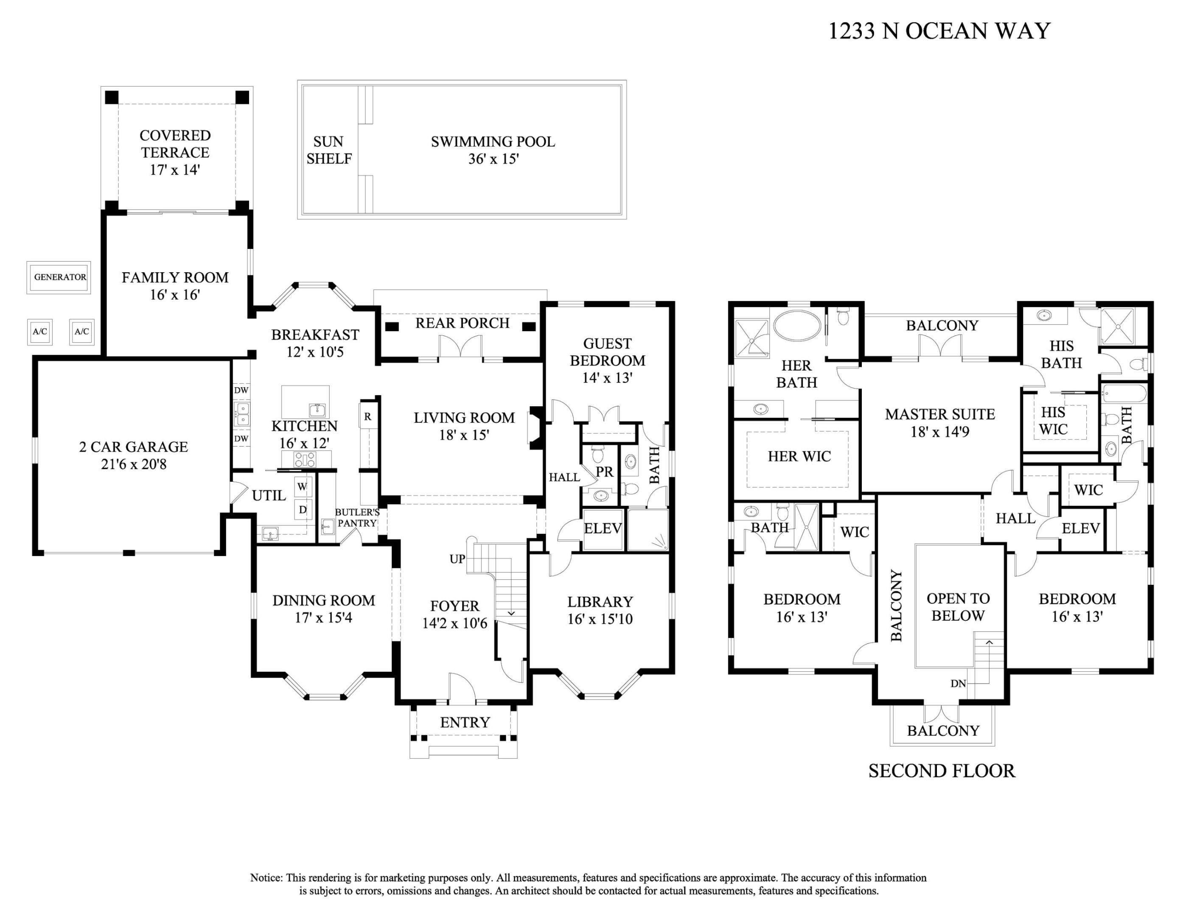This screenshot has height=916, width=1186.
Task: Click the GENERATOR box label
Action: point(60,277)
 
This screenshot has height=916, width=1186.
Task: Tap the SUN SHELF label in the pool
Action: point(328,150)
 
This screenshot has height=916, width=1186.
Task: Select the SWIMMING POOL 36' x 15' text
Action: point(493,150)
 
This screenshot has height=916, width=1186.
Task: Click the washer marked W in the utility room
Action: point(303,487)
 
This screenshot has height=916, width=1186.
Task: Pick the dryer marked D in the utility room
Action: point(303,510)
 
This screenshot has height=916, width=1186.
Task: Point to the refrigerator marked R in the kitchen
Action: point(367,417)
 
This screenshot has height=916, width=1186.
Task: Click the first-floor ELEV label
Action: point(602,528)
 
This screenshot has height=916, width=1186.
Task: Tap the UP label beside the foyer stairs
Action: point(457,559)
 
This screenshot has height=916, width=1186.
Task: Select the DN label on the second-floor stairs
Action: point(958,684)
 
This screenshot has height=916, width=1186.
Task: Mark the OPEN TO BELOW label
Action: point(958,607)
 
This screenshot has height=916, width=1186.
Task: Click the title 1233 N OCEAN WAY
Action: point(939,31)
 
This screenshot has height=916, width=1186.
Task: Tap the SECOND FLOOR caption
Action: point(941,771)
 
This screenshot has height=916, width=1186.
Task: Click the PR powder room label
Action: point(604,472)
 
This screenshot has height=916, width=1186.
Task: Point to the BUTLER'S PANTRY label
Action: point(357,518)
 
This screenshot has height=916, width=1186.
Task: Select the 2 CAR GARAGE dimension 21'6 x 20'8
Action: point(134,464)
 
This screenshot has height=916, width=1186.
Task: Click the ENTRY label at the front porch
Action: point(465,722)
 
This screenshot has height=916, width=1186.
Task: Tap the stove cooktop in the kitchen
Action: point(305,460)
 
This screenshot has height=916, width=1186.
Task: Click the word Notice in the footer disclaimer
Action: point(266,878)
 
